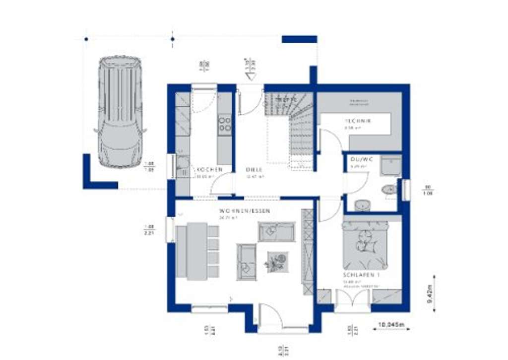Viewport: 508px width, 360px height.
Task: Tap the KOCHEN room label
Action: pyautogui.click(x=208, y=169)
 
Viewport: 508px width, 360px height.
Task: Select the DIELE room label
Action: pyautogui.click(x=254, y=169)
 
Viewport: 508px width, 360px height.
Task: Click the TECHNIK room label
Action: pyautogui.click(x=358, y=121)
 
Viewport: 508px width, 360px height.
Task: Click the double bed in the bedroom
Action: pyautogui.click(x=365, y=245)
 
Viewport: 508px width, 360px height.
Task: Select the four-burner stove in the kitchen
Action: pyautogui.click(x=224, y=124)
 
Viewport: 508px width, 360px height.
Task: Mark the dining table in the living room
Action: pyautogui.click(x=197, y=250)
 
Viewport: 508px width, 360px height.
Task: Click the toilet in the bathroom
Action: pyautogui.click(x=389, y=189)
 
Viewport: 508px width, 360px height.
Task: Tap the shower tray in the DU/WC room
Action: pyautogui.click(x=391, y=165)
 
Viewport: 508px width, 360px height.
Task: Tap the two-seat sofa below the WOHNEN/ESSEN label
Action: pyautogui.click(x=276, y=231)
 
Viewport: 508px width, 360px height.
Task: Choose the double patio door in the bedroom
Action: pyautogui.click(x=353, y=300)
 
